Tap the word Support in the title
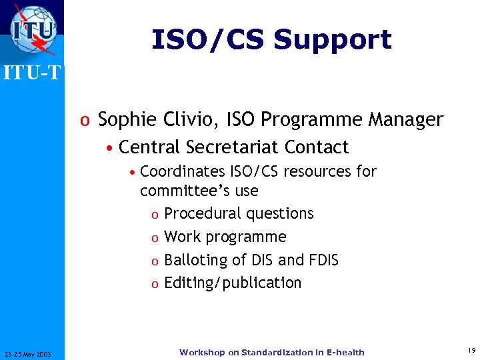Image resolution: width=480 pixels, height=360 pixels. [x=332, y=40]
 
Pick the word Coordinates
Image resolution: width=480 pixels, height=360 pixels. [x=183, y=171]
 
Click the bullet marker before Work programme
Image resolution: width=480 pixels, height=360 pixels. [x=154, y=237]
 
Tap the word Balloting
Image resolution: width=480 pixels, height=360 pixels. [x=194, y=260]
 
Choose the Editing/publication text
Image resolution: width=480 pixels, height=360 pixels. [x=233, y=283]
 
